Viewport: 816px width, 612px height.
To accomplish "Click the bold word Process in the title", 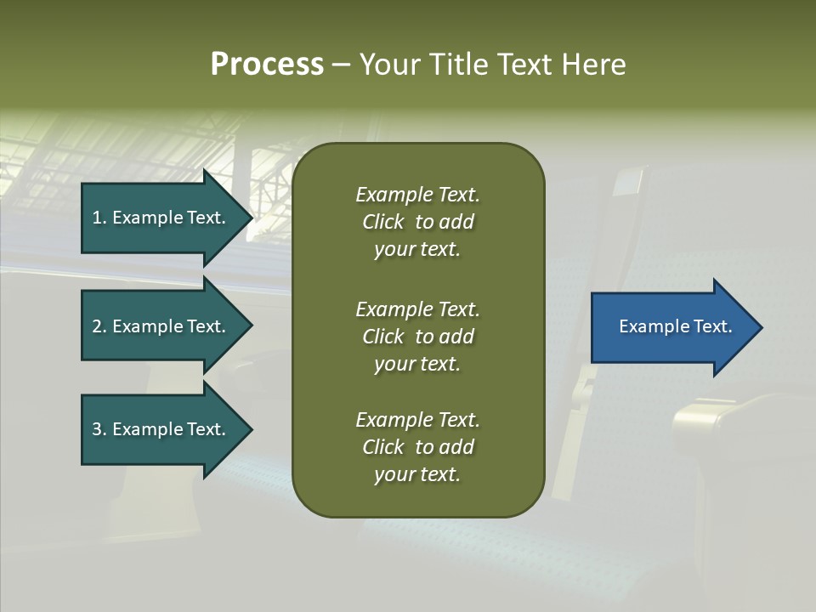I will pyautogui.click(x=267, y=65).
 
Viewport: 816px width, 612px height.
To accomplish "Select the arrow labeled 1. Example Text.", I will pyautogui.click(x=161, y=218).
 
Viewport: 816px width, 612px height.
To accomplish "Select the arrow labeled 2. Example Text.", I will pyautogui.click(x=161, y=326).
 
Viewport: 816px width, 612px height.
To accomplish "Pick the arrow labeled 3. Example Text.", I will pyautogui.click(x=161, y=429).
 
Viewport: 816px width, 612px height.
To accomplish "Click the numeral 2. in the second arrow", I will pyautogui.click(x=99, y=326).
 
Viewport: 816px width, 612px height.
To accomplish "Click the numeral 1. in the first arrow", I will pyautogui.click(x=99, y=218).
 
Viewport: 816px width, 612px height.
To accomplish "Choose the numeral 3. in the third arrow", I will pyautogui.click(x=99, y=429).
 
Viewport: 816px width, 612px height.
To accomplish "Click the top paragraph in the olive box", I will pyautogui.click(x=417, y=222).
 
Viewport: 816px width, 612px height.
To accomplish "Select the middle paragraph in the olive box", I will pyautogui.click(x=417, y=336).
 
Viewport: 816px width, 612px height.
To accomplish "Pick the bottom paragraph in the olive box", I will pyautogui.click(x=417, y=447).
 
